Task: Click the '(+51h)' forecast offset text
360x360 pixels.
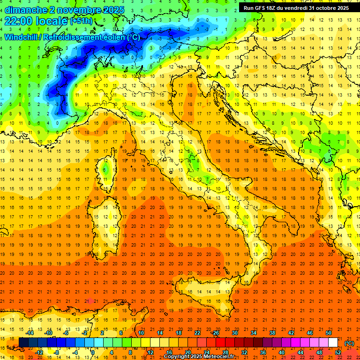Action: tap(81, 21)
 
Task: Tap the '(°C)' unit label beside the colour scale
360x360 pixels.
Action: tap(349, 343)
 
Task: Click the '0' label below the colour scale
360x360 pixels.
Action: tap(93, 352)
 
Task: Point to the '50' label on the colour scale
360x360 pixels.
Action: tap(329, 333)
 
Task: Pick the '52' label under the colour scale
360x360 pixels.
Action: tap(338, 352)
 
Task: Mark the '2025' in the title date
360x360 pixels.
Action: tap(113, 10)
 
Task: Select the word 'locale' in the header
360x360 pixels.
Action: tap(52, 21)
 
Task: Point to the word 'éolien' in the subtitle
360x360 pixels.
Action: tap(114, 37)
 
